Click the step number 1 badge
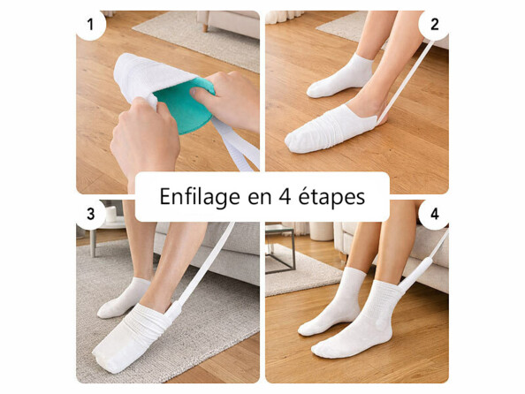[91, 24]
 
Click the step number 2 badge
[433, 24]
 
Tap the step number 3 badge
[91, 214]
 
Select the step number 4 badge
[433, 214]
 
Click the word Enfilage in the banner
[201, 196]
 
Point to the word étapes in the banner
[334, 196]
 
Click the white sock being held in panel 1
[141, 75]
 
